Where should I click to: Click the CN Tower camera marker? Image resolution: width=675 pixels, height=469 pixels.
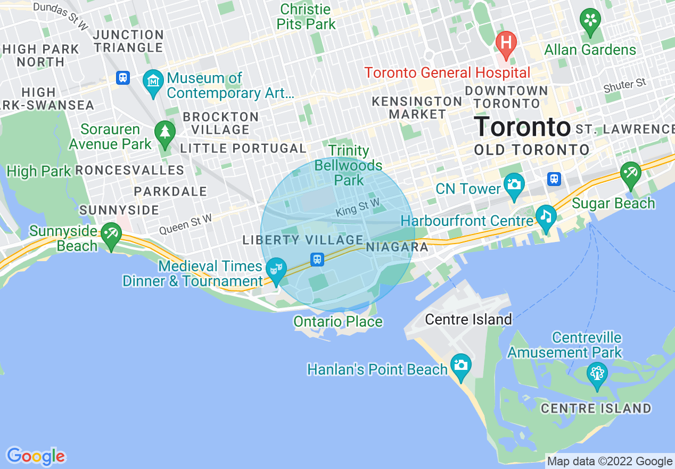[514, 185]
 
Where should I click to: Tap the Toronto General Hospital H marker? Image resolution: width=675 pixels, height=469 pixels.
[506, 42]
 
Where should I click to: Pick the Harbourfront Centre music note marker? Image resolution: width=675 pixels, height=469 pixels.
[546, 217]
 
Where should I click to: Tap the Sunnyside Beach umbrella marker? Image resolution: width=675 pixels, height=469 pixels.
[111, 234]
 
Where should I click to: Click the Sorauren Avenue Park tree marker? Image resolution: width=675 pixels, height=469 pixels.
[164, 132]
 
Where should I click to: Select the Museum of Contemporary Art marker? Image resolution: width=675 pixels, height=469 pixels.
[153, 82]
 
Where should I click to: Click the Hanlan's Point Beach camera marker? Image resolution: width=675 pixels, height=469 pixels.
[460, 366]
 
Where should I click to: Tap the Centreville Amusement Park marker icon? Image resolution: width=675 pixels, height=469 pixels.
[597, 374]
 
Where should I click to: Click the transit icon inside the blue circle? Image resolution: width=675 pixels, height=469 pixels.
[317, 260]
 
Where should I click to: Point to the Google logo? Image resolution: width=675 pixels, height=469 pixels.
[36, 456]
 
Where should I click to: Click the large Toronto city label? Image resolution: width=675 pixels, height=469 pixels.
[522, 127]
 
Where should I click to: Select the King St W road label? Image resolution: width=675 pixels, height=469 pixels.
[357, 207]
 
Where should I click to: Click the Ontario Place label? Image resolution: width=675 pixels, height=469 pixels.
[338, 322]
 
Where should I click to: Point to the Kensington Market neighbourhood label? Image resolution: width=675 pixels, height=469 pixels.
[417, 108]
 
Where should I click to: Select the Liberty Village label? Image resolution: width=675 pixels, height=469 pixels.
[303, 240]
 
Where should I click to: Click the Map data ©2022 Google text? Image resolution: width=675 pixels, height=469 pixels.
[610, 462]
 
